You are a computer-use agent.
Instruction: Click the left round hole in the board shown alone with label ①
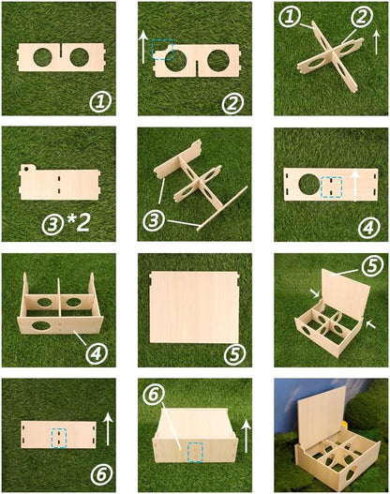(x=44, y=57)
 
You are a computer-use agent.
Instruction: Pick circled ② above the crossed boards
(x=359, y=16)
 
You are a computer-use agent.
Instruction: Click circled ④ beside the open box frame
(x=96, y=352)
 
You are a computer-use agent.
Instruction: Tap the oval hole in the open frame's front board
(x=43, y=325)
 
